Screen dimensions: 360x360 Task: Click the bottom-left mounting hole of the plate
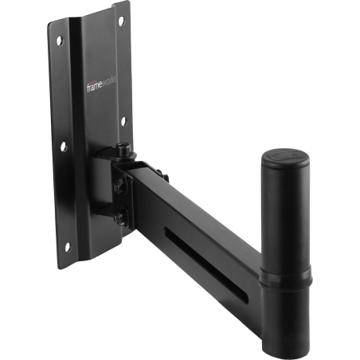click(67, 247)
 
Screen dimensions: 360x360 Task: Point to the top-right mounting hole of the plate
click(122, 18)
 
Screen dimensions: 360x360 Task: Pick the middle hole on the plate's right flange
click(123, 122)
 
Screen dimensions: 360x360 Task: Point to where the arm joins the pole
click(259, 271)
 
